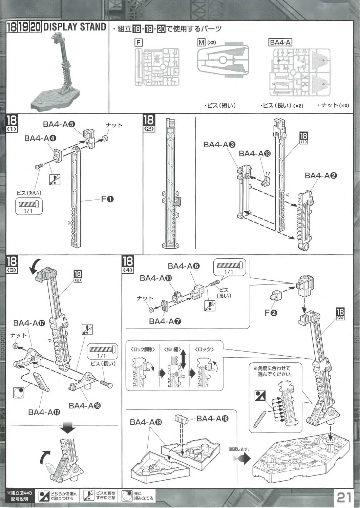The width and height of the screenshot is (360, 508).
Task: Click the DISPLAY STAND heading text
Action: [75, 27]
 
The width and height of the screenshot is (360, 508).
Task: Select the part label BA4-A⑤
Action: [59, 124]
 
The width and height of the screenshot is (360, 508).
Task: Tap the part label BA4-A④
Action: [40, 138]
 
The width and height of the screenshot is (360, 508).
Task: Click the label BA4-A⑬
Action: [255, 153]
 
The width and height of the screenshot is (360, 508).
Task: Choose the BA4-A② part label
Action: [321, 175]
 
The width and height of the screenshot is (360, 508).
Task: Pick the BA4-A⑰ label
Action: [29, 323]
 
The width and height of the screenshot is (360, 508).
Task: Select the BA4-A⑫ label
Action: [44, 412]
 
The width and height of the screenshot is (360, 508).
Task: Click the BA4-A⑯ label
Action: [85, 405]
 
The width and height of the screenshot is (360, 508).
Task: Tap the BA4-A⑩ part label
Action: [156, 278]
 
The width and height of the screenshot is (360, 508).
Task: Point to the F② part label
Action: [271, 313]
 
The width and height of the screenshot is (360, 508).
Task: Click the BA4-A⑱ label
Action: [212, 419]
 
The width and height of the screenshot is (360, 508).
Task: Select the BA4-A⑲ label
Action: [146, 422]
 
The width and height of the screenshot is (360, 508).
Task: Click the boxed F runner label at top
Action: [138, 42]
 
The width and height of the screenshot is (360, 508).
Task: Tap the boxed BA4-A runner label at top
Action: [280, 42]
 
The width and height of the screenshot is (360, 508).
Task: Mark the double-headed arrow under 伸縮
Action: [183, 360]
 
